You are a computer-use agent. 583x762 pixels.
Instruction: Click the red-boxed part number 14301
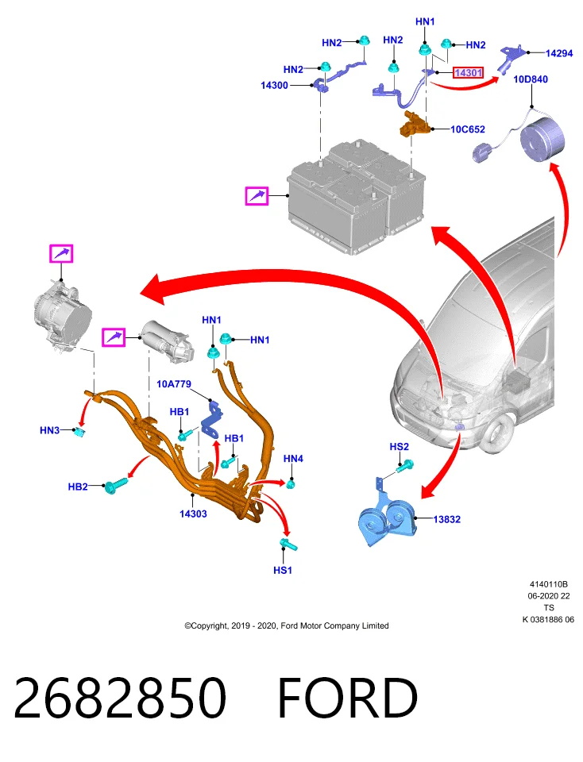point(469,73)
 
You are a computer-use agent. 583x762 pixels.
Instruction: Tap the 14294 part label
point(559,53)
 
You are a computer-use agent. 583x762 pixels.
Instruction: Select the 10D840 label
point(531,79)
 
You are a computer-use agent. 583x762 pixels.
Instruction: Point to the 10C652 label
point(468,129)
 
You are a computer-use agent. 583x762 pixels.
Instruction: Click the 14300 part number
point(274,86)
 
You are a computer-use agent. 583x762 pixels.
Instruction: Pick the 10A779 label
point(174,384)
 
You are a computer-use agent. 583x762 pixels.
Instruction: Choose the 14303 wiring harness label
point(193,514)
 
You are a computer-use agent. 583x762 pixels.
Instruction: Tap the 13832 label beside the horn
point(447,519)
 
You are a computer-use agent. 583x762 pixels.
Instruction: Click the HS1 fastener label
point(283,570)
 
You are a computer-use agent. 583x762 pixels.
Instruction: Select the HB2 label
point(78,487)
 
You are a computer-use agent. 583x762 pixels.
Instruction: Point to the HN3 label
point(49,430)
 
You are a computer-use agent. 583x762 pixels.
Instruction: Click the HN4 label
point(293,458)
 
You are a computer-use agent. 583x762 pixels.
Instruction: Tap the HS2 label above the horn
point(400,447)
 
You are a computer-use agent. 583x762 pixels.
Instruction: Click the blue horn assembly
point(388,520)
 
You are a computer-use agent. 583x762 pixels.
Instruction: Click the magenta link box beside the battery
point(257,196)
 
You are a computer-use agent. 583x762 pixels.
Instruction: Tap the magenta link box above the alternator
point(61,254)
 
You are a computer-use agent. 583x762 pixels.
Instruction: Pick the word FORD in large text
point(348,698)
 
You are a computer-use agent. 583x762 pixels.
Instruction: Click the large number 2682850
point(120,698)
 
